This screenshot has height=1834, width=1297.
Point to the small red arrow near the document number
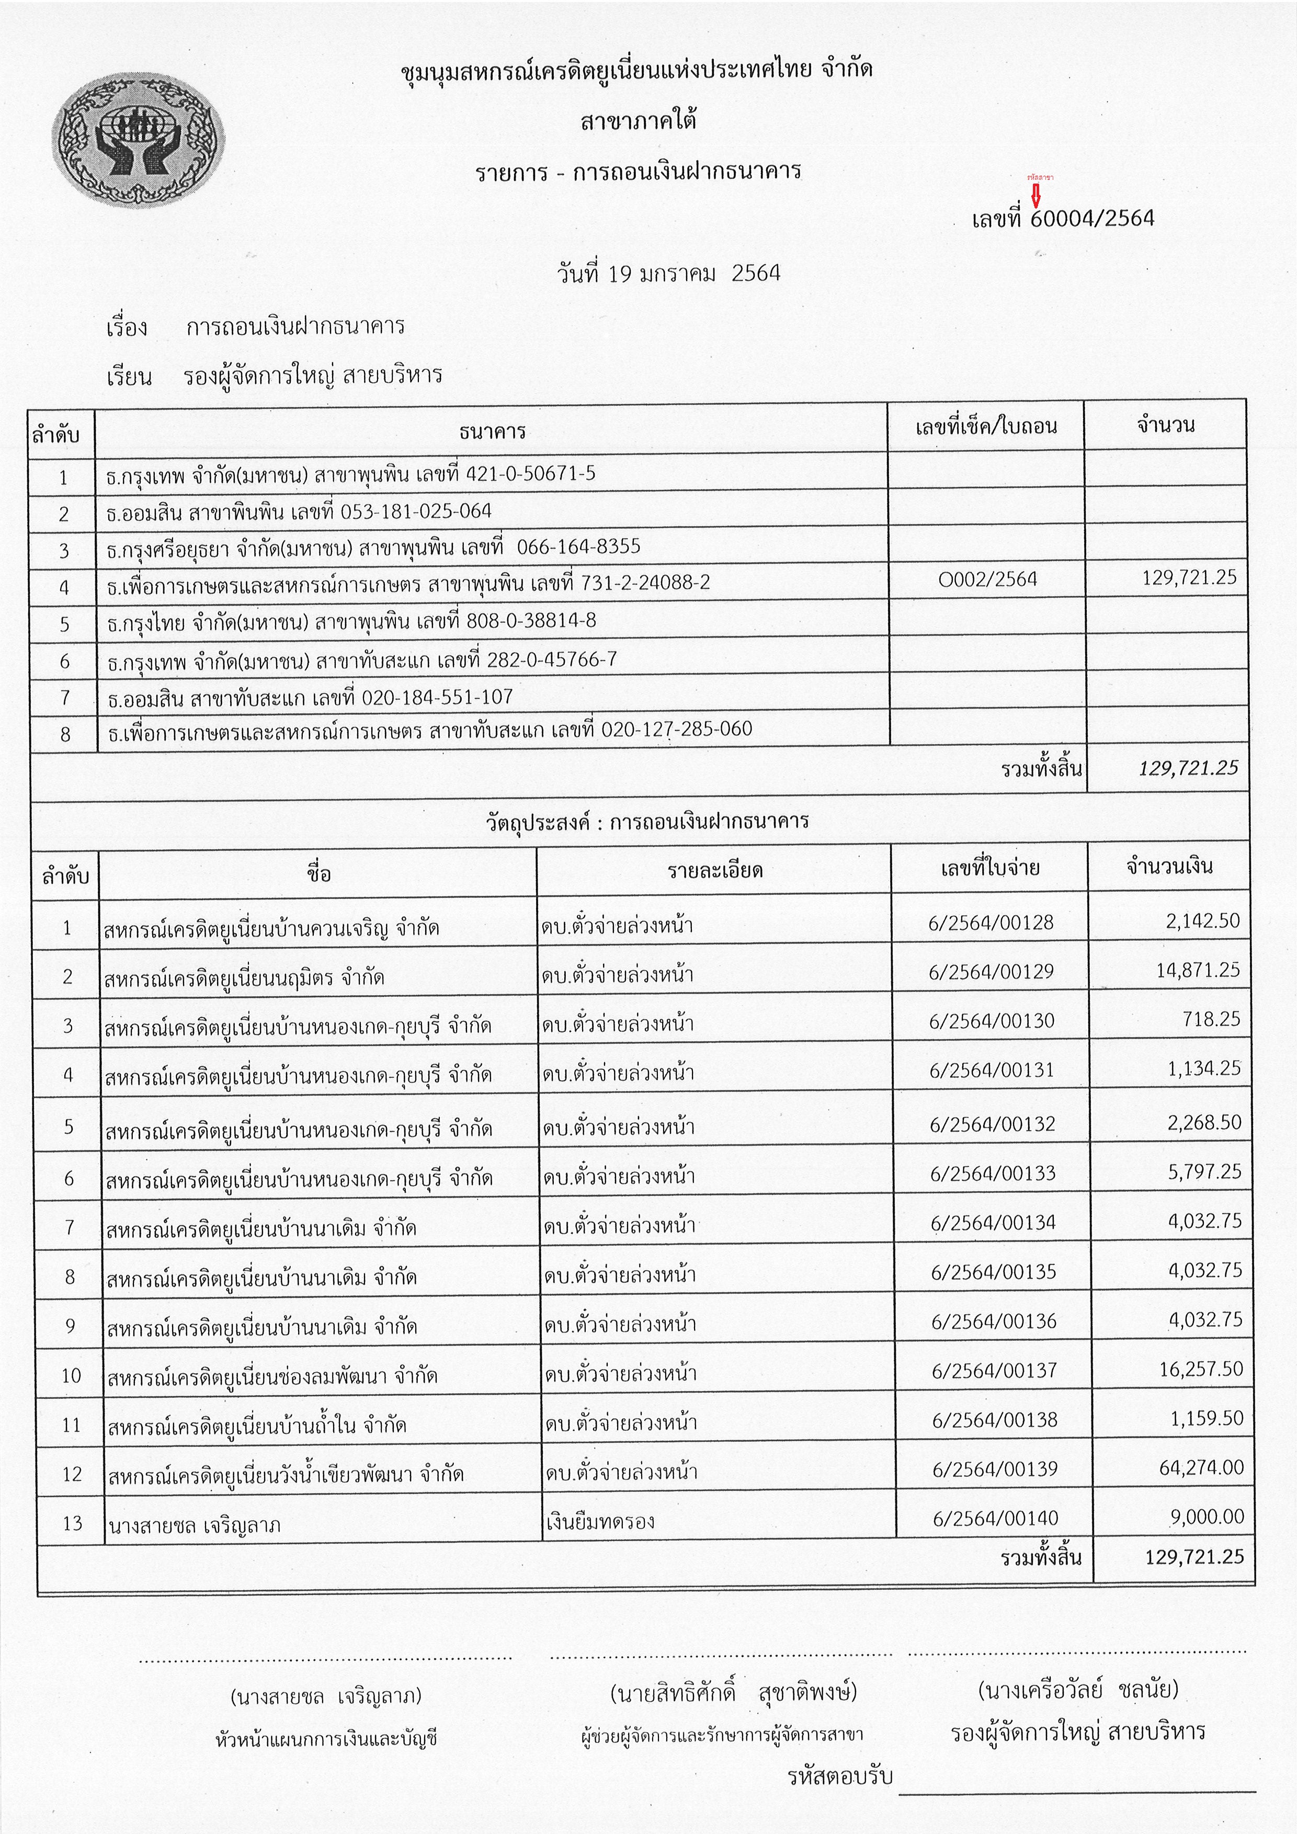(1036, 194)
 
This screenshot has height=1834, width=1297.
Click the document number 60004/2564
(1092, 218)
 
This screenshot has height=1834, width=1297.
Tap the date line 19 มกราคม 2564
(668, 274)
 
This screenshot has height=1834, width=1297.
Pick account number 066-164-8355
(578, 547)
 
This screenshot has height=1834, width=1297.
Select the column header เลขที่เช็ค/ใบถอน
(985, 427)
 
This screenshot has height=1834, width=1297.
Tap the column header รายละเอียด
(715, 870)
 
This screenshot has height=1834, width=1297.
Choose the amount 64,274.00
(1201, 1467)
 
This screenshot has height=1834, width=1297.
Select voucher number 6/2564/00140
(995, 1518)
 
